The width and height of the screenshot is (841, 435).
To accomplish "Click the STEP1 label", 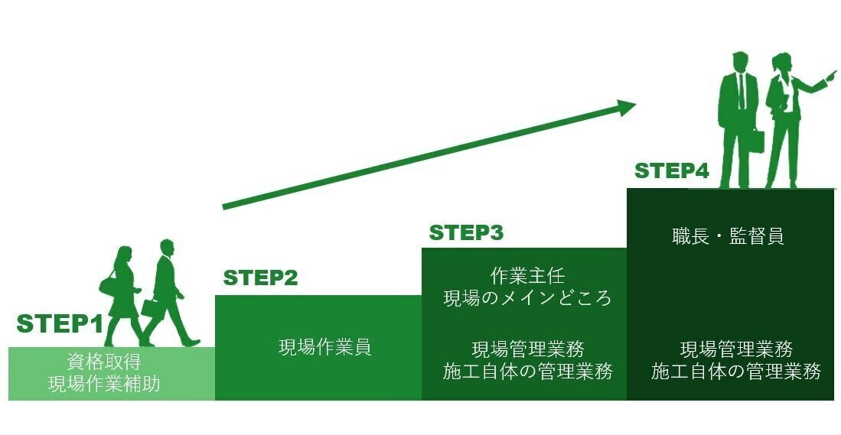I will [60, 323].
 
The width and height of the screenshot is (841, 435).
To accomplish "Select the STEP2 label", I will [260, 278].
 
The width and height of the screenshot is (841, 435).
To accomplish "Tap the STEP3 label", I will [466, 232].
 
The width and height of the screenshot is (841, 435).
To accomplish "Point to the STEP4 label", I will [671, 171].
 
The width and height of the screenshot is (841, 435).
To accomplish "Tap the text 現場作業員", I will [324, 347].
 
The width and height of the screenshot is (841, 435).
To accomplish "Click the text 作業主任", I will [527, 275].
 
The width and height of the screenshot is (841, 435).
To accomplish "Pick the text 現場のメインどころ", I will [527, 297].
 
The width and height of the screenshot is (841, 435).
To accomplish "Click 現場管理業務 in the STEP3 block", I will [527, 349].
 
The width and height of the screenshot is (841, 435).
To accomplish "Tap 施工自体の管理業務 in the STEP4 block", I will [736, 372].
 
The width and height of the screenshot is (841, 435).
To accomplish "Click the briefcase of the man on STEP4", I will [756, 141].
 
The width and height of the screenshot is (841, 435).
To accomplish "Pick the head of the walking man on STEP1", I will [168, 249].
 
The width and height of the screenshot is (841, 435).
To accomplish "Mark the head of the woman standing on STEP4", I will [781, 63].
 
